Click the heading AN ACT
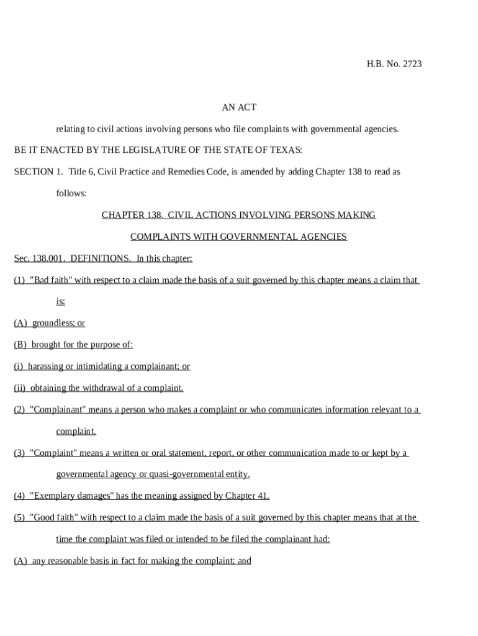(x=239, y=107)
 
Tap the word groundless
(x=52, y=323)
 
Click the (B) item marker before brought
(x=20, y=345)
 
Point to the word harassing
(x=45, y=366)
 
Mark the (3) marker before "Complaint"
(x=19, y=453)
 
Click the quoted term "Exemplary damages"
(x=70, y=496)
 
